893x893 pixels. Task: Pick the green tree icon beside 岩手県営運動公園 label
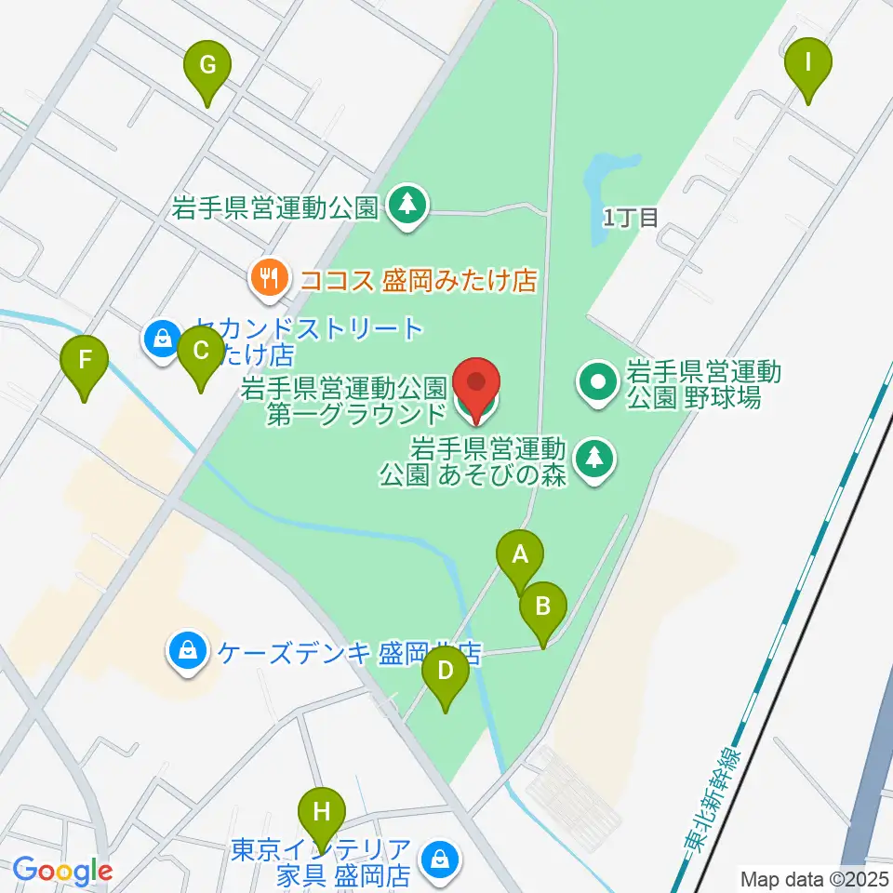[x=407, y=207]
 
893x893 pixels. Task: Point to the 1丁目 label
[x=631, y=218]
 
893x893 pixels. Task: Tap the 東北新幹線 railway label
[x=708, y=796]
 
